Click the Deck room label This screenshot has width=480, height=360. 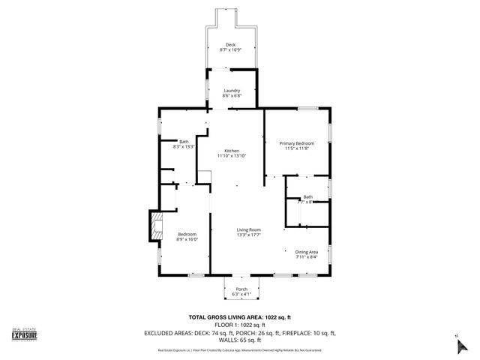pos(230,44)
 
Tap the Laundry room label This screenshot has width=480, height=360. pos(231,91)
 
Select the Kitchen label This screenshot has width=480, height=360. pos(231,150)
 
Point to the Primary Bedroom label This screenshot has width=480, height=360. pos(296,143)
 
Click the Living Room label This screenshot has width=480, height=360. pos(249,229)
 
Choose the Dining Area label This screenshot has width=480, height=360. pos(306,251)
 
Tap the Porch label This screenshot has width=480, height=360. pos(241,289)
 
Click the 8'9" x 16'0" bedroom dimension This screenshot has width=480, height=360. pos(187,239)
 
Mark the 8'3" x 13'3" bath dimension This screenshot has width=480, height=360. pos(184,147)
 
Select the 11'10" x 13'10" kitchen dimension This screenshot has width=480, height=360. pos(231,155)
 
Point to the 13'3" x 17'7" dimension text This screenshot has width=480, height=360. pos(249,235)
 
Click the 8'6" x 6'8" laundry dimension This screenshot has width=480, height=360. pos(231,96)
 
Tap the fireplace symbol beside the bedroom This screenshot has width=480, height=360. pos(155,226)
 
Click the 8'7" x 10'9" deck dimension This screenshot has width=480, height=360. pos(230,49)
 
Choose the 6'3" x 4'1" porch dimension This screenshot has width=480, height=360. pos(241,294)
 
